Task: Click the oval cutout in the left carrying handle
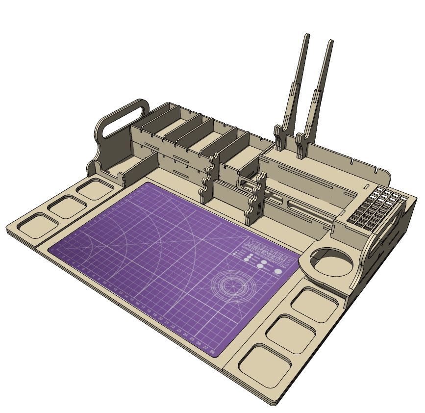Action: pos(123,121)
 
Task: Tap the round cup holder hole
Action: pos(332,263)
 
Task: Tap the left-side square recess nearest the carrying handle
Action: pos(96,189)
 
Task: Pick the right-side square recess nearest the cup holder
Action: pos(317,304)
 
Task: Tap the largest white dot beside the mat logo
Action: pos(278,271)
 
